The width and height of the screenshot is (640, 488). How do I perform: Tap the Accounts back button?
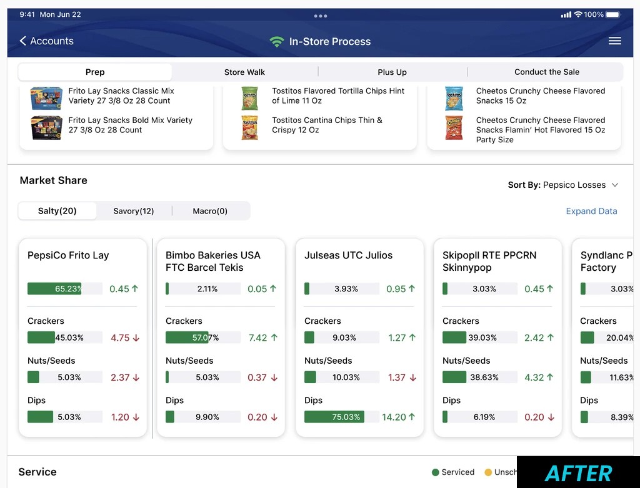click(46, 41)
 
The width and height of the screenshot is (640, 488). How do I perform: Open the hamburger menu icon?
click(614, 41)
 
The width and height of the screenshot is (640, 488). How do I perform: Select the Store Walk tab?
click(244, 72)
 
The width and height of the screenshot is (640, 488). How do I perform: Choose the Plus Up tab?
click(392, 72)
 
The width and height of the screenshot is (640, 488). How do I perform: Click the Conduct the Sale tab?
click(546, 72)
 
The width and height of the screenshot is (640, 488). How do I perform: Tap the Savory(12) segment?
click(134, 211)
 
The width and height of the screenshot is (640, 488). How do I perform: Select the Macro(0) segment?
click(210, 211)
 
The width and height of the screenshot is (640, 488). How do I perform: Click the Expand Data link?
click(591, 212)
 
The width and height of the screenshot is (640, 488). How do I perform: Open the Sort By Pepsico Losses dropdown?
click(563, 185)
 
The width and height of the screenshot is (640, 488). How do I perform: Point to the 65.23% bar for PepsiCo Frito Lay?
click(64, 289)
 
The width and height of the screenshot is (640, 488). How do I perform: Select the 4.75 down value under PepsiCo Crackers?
click(124, 338)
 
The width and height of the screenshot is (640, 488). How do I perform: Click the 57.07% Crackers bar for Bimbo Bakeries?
click(202, 338)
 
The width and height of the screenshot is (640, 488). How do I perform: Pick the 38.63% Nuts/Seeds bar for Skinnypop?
click(479, 378)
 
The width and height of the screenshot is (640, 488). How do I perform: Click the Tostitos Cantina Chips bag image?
click(250, 127)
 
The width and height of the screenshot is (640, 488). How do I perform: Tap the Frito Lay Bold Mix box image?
click(46, 127)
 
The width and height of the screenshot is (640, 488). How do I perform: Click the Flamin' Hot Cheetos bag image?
click(454, 127)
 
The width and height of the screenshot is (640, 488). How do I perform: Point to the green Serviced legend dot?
click(435, 472)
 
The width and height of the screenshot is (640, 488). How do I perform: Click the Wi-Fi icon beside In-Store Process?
click(276, 42)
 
